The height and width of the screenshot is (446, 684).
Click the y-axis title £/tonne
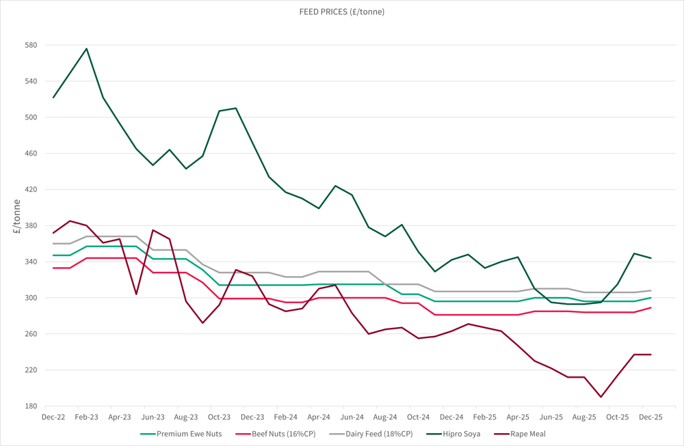coord(16,221)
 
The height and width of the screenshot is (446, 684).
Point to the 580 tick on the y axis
coord(31,45)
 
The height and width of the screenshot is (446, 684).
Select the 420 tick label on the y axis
coord(31,189)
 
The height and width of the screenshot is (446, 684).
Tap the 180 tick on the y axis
coord(31,406)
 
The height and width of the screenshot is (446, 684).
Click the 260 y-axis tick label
coord(31,334)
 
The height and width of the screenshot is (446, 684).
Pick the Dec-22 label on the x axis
coord(53,416)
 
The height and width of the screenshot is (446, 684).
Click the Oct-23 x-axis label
coord(219,416)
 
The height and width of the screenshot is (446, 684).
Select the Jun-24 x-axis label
coord(352,416)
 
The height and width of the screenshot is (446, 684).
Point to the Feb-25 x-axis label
coord(484,416)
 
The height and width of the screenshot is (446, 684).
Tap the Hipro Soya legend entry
coord(458,434)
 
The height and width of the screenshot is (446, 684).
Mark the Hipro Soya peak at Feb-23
coord(87,48)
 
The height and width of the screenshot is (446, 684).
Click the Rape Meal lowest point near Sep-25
coord(601,397)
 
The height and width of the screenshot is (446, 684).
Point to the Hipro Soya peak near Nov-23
coord(236,108)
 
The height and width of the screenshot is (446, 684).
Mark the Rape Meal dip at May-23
coord(136,294)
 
